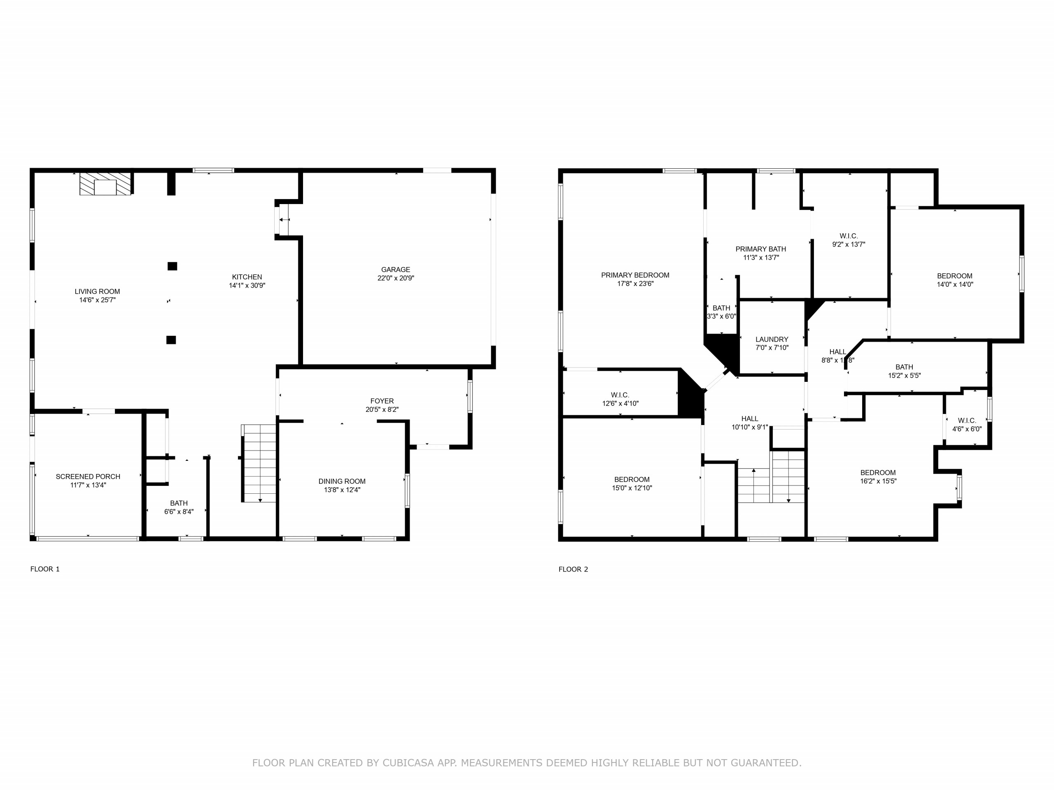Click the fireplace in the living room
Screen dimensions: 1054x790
tap(105, 184)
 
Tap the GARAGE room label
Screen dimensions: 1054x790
tap(396, 270)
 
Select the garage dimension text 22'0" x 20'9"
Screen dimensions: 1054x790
tap(396, 278)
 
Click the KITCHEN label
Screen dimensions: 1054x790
tap(247, 277)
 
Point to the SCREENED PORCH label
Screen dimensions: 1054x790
tap(88, 476)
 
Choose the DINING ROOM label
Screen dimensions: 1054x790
tap(342, 481)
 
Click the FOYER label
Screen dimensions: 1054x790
tap(382, 401)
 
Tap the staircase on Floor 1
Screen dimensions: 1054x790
tap(259, 463)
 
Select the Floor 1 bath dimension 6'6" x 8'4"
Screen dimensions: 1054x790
tap(179, 512)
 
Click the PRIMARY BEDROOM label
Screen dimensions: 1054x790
tap(635, 275)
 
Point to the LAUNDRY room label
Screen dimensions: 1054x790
tap(772, 339)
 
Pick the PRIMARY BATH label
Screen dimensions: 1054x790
tap(761, 249)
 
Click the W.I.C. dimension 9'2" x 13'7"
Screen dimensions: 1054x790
tap(849, 245)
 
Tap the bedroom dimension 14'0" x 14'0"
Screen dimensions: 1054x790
tap(955, 285)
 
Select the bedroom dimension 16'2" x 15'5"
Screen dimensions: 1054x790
tap(878, 481)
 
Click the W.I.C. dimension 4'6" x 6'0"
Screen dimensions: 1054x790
tap(967, 429)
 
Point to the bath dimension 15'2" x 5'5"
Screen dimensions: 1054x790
tap(905, 376)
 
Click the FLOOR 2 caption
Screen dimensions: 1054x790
tap(573, 569)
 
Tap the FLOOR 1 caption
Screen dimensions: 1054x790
tap(45, 569)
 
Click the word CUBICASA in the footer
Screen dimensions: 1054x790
tap(408, 763)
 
